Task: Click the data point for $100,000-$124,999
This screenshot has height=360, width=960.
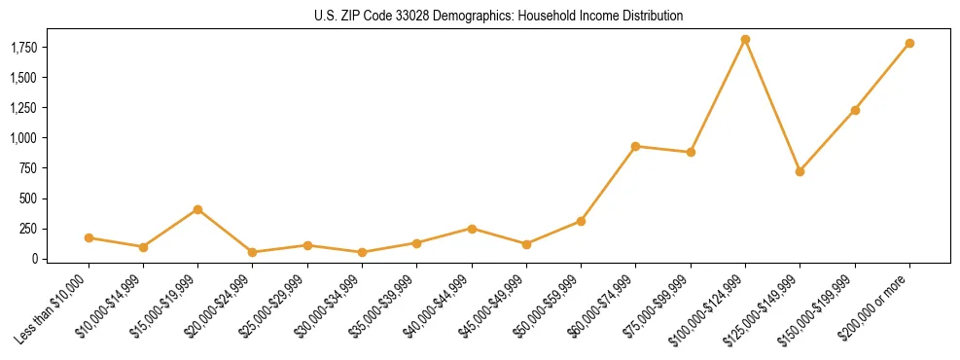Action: coord(745,40)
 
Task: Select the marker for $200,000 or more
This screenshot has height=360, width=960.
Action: coord(909,44)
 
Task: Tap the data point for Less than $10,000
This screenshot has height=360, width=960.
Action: coord(89,237)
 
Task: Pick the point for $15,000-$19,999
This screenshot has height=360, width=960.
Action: coord(197,209)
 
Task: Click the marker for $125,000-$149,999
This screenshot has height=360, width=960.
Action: coord(800,171)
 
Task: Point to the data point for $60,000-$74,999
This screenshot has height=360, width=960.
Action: coord(635,146)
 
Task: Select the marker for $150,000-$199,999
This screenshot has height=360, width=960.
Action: coord(855,110)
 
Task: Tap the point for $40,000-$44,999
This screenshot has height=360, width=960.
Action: coord(472,229)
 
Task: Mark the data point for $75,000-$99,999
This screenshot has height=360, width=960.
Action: coord(691,153)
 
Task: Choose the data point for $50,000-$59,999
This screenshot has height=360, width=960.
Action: coord(581,221)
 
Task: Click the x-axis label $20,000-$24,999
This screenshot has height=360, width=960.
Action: coord(220,306)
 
